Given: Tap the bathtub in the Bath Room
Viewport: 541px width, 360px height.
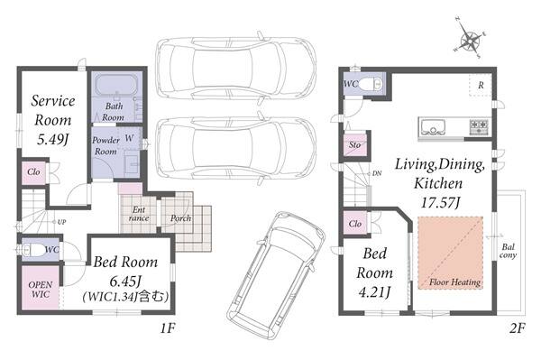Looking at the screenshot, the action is click(116, 85).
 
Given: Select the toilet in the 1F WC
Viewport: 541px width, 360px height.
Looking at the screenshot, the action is click(33, 250).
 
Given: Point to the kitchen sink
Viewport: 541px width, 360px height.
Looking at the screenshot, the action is click(431, 126).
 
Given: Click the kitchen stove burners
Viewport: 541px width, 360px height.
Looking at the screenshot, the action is click(480, 126).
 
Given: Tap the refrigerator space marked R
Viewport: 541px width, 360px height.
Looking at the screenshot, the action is click(480, 85).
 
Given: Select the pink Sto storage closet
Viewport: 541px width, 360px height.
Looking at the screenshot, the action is click(355, 145).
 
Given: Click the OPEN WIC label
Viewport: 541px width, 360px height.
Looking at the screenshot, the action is click(41, 290).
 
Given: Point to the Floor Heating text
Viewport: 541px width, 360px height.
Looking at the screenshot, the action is click(454, 282).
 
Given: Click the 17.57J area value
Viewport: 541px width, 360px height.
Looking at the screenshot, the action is click(441, 202).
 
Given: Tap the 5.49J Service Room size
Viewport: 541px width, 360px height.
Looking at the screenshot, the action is click(52, 139).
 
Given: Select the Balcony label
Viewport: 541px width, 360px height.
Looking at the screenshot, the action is click(509, 251).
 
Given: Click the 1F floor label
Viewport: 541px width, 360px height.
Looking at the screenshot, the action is click(168, 328).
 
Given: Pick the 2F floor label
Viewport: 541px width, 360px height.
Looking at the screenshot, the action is click(518, 328).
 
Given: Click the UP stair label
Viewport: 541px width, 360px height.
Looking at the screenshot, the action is click(61, 222).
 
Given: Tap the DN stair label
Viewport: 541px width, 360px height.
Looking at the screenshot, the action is click(377, 173).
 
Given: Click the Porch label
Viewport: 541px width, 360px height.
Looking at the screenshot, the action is click(181, 218).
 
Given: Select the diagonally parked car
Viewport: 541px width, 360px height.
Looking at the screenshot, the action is click(276, 275).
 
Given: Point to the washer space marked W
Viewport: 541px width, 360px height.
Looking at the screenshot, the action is click(129, 138).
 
